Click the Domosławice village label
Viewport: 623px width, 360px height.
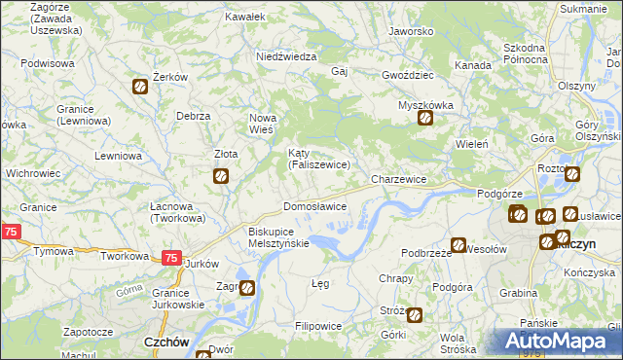click(314, 207)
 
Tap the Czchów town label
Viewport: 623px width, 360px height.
click(165, 342)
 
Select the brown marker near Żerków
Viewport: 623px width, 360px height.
click(140, 88)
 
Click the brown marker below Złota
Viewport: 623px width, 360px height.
click(221, 176)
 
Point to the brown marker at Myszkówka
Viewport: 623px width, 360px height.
click(425, 120)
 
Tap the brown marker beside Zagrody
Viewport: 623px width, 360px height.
click(247, 288)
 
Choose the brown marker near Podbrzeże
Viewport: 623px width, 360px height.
click(458, 246)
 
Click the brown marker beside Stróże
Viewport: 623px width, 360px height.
click(415, 315)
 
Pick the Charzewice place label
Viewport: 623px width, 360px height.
click(399, 180)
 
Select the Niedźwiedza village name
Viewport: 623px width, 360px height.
click(286, 56)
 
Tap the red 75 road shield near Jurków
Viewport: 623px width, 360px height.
click(170, 258)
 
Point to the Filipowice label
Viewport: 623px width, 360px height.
click(317, 325)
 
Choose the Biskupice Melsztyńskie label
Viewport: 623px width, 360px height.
click(278, 237)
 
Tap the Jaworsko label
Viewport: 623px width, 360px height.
click(410, 31)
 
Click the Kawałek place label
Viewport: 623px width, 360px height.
click(245, 17)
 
